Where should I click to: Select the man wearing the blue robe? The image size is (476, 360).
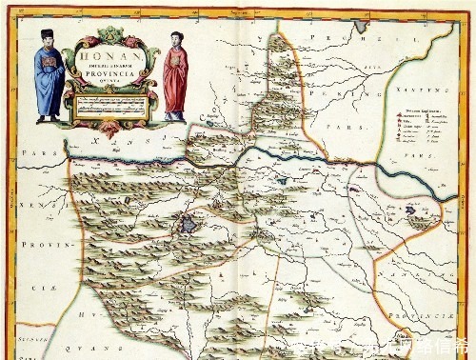pyautogui.click(x=48, y=81)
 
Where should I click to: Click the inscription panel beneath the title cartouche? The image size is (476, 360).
pyautogui.click(x=109, y=107)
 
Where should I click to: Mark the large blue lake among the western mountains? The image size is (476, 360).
pyautogui.click(x=188, y=225)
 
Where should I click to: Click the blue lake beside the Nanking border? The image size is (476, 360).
pyautogui.click(x=416, y=221)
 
